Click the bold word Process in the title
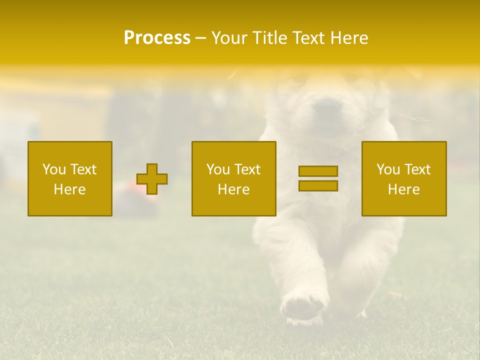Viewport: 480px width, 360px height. click(157, 38)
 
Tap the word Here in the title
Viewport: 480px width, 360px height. click(349, 38)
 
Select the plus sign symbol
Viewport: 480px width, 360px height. click(152, 179)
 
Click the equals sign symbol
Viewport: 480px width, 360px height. click(318, 178)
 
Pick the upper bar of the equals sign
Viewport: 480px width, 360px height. click(318, 171)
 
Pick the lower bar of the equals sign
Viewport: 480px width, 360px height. click(318, 186)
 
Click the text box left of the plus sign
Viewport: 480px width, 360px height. click(70, 178)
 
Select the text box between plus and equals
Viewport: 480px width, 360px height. click(233, 178)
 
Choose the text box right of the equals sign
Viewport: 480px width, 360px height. click(404, 178)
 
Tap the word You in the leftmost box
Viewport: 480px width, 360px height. click(54, 169)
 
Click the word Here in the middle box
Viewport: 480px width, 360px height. click(233, 189)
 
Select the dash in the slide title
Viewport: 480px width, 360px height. click(201, 38)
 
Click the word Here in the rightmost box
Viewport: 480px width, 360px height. click(404, 189)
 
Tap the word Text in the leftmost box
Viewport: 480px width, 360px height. click(83, 169)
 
